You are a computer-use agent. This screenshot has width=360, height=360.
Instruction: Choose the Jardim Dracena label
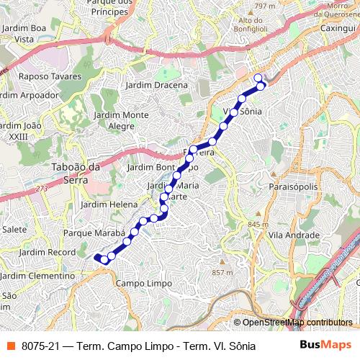[156, 85]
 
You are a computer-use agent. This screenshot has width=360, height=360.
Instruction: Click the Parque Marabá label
[94, 234]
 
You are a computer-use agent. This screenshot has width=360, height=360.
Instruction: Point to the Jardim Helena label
[108, 204]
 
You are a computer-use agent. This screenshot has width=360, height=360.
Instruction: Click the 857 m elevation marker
[222, 272]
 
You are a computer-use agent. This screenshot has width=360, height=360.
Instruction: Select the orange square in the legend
[9, 345]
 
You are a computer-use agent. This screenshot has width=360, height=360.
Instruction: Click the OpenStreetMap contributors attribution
[297, 323]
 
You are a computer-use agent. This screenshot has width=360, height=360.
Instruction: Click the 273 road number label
[41, 189]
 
